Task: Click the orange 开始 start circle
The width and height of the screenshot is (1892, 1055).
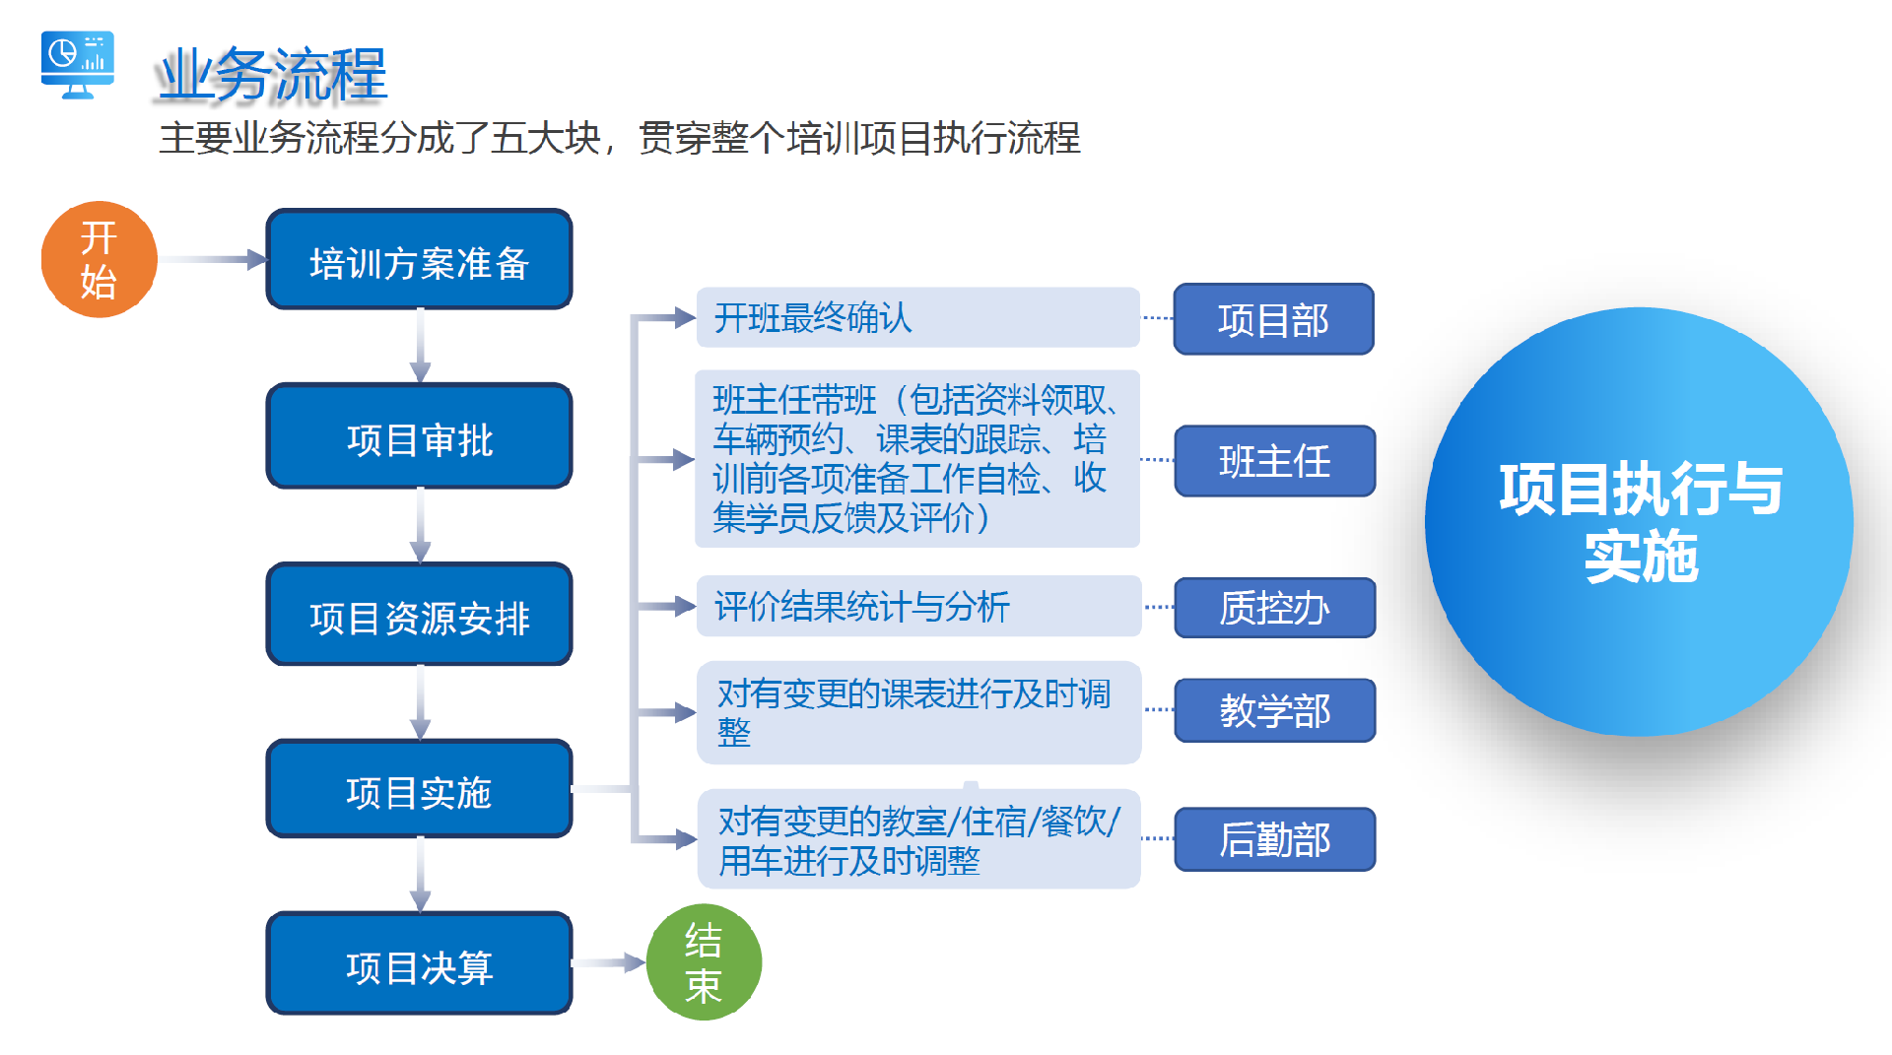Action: click(x=99, y=260)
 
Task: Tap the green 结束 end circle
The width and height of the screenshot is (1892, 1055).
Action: click(x=704, y=962)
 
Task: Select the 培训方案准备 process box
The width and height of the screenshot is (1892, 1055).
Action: click(x=419, y=260)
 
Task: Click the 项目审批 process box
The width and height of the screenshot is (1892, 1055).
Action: click(x=419, y=436)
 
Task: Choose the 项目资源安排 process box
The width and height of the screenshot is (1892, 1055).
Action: click(x=419, y=615)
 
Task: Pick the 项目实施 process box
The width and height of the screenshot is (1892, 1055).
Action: click(x=419, y=790)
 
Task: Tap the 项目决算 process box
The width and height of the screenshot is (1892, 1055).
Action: click(x=419, y=964)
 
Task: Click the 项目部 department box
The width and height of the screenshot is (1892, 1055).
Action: click(x=1273, y=319)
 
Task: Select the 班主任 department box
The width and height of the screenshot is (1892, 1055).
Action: click(x=1274, y=461)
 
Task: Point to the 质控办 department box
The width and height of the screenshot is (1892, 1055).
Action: click(x=1274, y=608)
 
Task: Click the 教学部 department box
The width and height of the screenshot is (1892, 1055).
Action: click(x=1274, y=710)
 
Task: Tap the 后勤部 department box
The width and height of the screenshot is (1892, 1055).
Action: click(x=1274, y=839)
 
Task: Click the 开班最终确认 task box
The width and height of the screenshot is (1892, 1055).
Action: click(x=917, y=317)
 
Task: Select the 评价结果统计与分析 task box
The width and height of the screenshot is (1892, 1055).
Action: click(x=917, y=606)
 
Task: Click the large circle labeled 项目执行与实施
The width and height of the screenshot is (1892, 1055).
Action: click(x=1640, y=522)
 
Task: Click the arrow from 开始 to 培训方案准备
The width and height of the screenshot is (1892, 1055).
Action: click(x=212, y=260)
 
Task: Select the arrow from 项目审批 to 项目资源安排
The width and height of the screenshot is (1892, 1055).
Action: click(x=421, y=525)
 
